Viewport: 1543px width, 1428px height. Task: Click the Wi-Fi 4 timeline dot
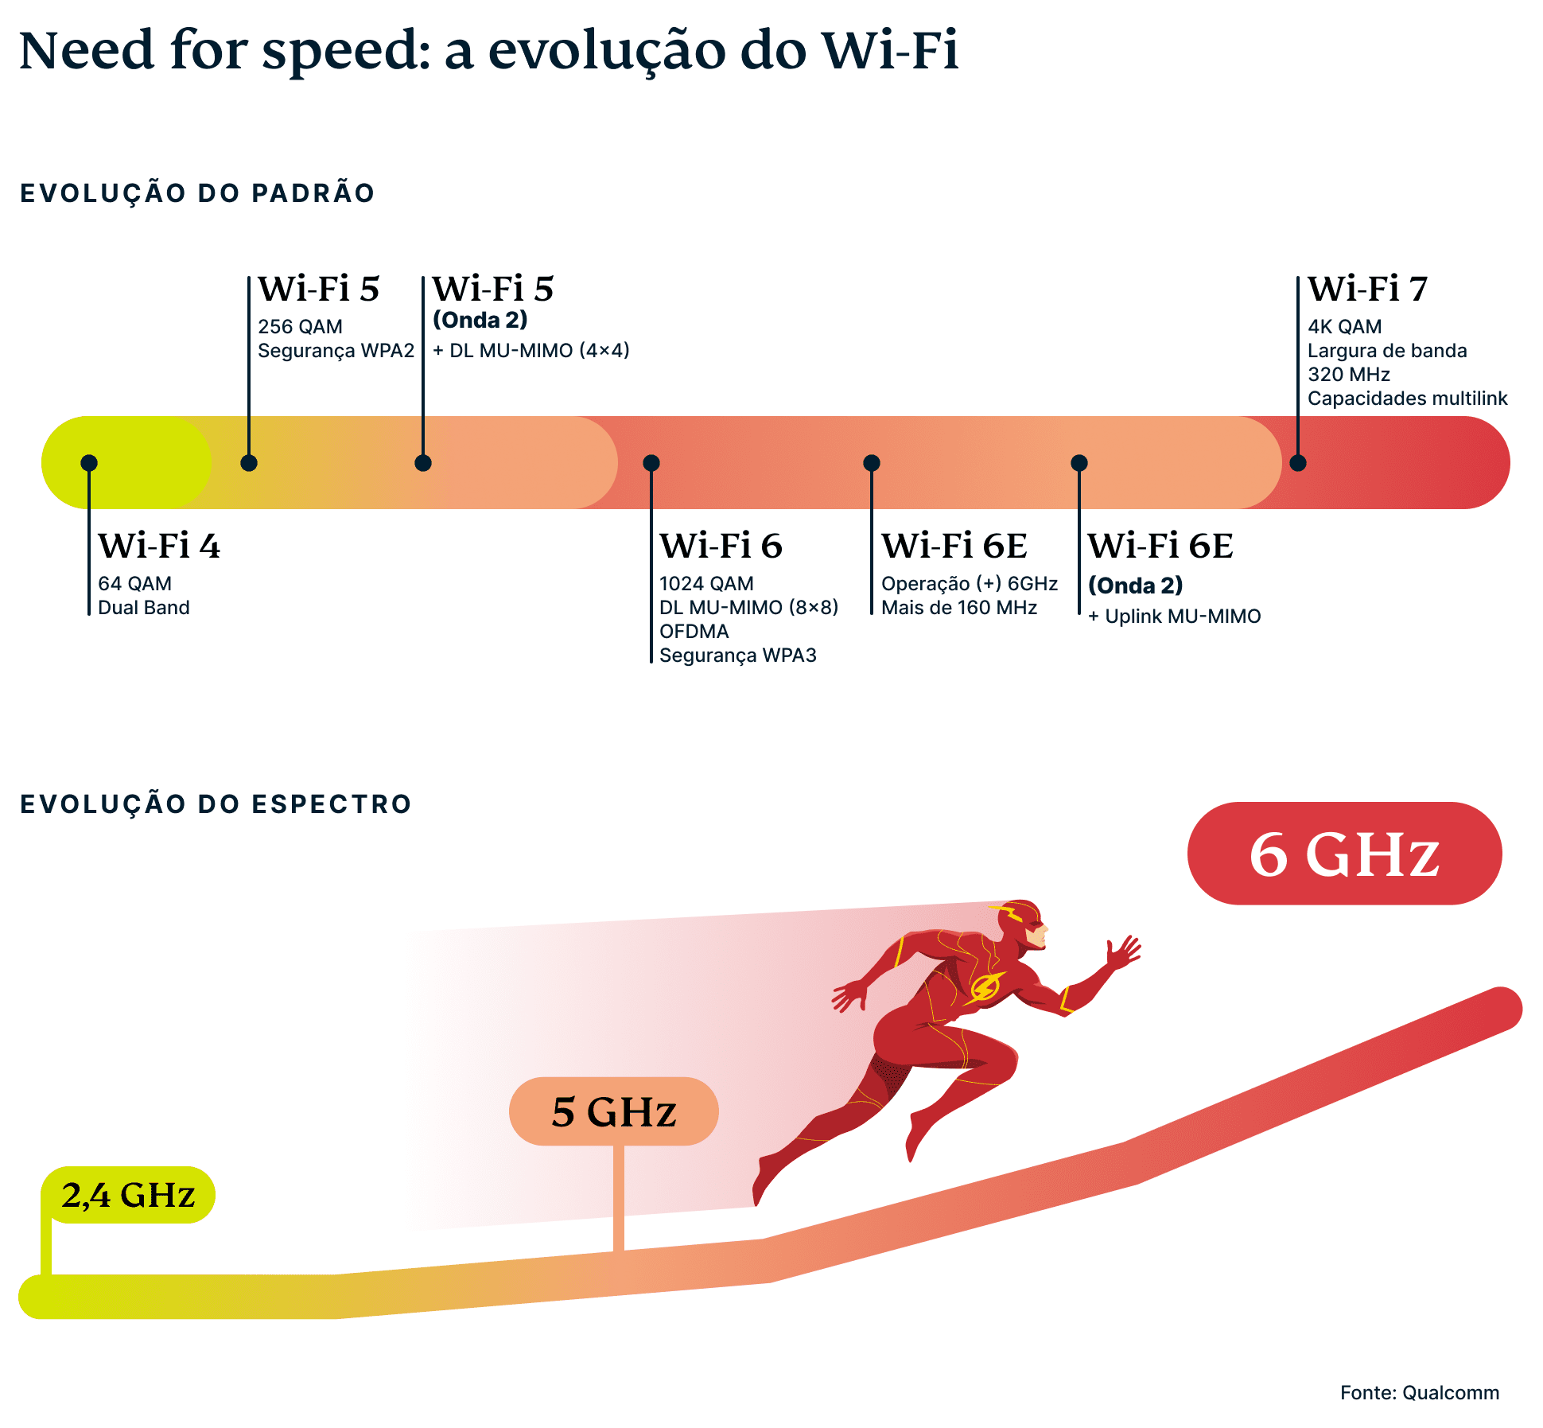(89, 463)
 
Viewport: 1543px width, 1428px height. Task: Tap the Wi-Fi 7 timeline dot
(1297, 463)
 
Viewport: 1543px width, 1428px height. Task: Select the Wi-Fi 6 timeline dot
(651, 463)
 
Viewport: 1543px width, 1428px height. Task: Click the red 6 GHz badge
(1343, 854)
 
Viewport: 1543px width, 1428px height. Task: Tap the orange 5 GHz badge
(613, 1111)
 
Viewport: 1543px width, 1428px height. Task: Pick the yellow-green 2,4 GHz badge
(128, 1195)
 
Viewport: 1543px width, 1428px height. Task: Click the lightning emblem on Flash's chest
(985, 987)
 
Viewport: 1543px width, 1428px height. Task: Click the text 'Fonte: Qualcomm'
(1419, 1393)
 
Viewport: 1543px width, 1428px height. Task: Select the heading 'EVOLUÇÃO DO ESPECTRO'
(216, 804)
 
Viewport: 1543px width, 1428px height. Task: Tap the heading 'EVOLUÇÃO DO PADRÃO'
(197, 193)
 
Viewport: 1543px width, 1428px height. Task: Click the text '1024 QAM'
(705, 584)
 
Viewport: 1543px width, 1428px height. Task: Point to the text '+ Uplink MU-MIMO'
(1174, 617)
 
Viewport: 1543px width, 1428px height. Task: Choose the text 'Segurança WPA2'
(336, 351)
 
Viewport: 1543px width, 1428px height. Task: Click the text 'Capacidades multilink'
(1406, 399)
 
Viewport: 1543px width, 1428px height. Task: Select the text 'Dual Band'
(143, 608)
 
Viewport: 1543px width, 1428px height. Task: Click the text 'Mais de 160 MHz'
(958, 608)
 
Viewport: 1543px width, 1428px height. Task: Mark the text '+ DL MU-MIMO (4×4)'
(531, 351)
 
